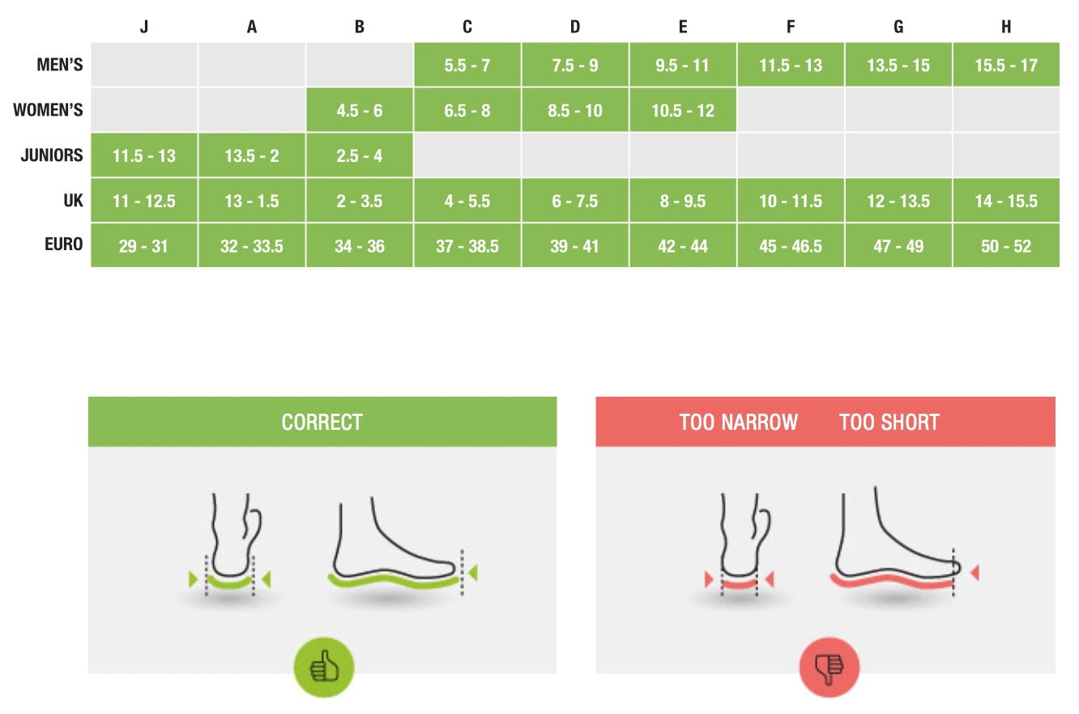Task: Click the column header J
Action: click(x=144, y=27)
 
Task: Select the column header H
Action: click(x=1006, y=27)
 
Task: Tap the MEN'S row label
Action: click(x=60, y=65)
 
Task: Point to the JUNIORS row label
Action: click(x=52, y=155)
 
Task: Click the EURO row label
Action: click(x=64, y=244)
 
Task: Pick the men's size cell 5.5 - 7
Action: click(x=467, y=66)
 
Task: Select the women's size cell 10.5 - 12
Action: click(x=683, y=111)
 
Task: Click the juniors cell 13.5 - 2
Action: click(x=252, y=156)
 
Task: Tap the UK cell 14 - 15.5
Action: click(x=1006, y=201)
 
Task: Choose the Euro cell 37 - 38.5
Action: click(x=467, y=246)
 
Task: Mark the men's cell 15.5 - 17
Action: click(x=1006, y=66)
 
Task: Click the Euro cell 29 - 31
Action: click(x=144, y=246)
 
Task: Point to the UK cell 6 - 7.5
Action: click(x=575, y=201)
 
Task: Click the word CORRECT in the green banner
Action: click(x=322, y=422)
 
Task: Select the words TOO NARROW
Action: click(x=739, y=422)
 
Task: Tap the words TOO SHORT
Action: click(x=889, y=422)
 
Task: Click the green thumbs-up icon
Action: click(x=324, y=668)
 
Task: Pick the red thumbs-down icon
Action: click(x=829, y=668)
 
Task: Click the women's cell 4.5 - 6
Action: click(x=360, y=111)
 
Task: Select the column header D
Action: click(x=575, y=27)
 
